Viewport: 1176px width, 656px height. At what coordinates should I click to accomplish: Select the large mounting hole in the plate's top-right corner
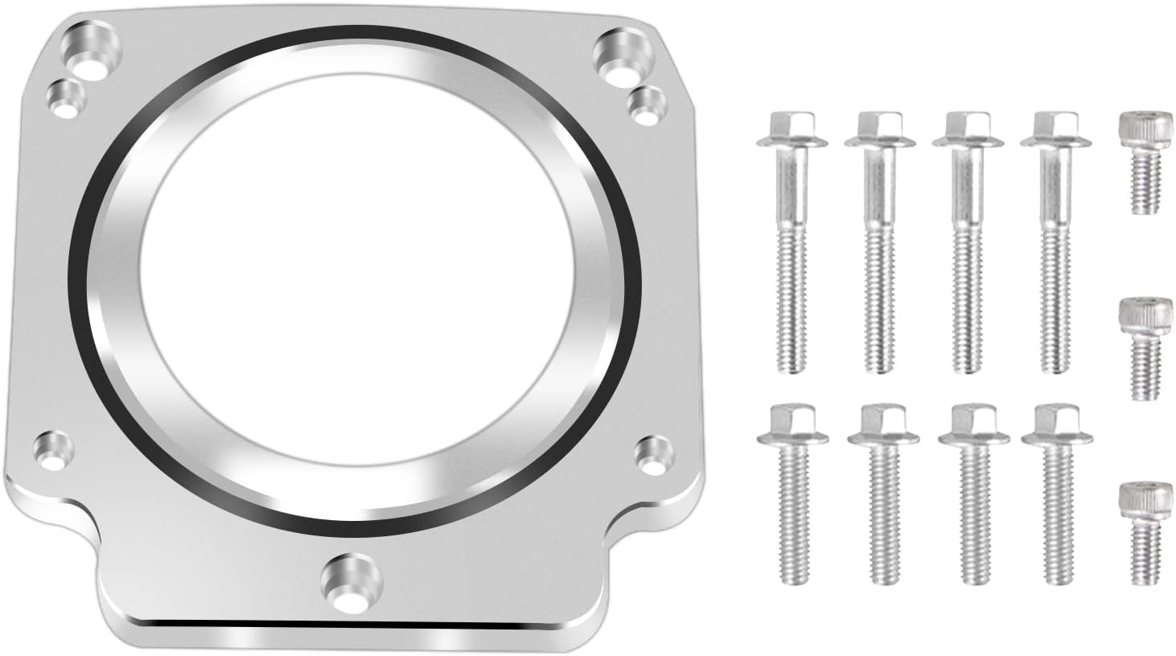click(618, 58)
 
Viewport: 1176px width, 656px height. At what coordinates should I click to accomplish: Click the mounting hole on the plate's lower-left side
click(53, 451)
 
